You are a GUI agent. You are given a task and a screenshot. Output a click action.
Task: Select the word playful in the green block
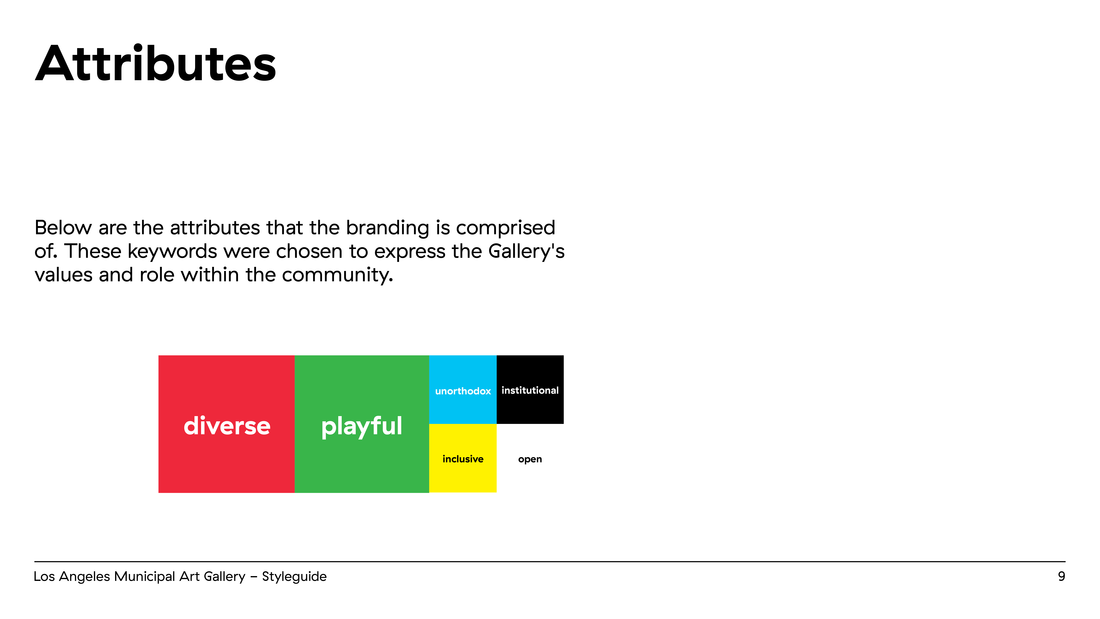pyautogui.click(x=362, y=426)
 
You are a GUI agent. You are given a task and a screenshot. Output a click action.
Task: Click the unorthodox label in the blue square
pyautogui.click(x=463, y=391)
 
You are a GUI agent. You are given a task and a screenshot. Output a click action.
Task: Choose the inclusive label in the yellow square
pyautogui.click(x=463, y=459)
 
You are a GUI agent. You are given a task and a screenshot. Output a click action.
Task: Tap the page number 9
pyautogui.click(x=1061, y=576)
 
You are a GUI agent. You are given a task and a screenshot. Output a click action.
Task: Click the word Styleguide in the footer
pyautogui.click(x=294, y=577)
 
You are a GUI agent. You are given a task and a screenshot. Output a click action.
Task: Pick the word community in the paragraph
pyautogui.click(x=337, y=275)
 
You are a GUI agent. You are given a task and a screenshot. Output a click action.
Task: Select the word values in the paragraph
pyautogui.click(x=64, y=275)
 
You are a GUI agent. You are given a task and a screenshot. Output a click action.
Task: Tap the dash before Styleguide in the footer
pyautogui.click(x=254, y=577)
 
